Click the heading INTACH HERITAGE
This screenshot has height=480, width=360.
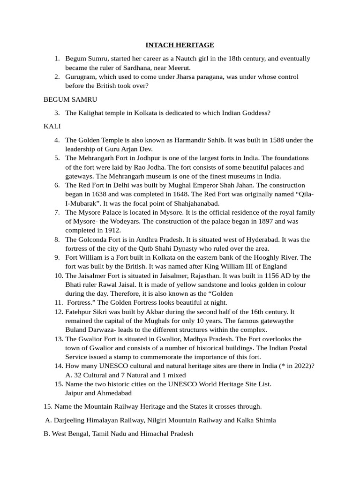pos(180,45)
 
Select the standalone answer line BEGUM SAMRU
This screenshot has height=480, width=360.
pos(70,99)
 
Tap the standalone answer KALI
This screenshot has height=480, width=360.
pos(52,127)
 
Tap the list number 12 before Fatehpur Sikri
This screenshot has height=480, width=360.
pos(58,312)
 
